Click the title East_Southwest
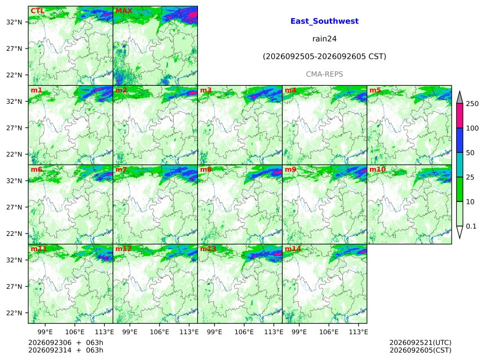pyautogui.click(x=324, y=21)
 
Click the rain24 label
pyautogui.click(x=324, y=39)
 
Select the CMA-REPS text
pyautogui.click(x=324, y=74)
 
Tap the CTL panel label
pyautogui.click(x=37, y=11)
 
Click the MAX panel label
pyautogui.click(x=124, y=11)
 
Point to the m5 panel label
pyautogui.click(x=375, y=90)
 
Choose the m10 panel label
pyautogui.click(x=378, y=169)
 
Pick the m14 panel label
pyautogui.click(x=293, y=249)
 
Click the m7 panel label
pyautogui.click(x=121, y=169)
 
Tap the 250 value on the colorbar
pyautogui.click(x=473, y=104)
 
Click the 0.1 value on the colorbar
pyautogui.click(x=471, y=226)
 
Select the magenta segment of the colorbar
pyautogui.click(x=460, y=116)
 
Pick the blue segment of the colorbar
pyautogui.click(x=460, y=141)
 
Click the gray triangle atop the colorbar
pyautogui.click(x=460, y=98)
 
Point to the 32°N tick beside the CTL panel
pyautogui.click(x=14, y=22)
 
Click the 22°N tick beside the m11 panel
pyautogui.click(x=14, y=313)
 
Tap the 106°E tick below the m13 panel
pyautogui.click(x=244, y=332)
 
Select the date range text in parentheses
pyautogui.click(x=324, y=56)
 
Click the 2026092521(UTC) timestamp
pyautogui.click(x=420, y=343)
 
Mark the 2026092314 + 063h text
pyautogui.click(x=65, y=350)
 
